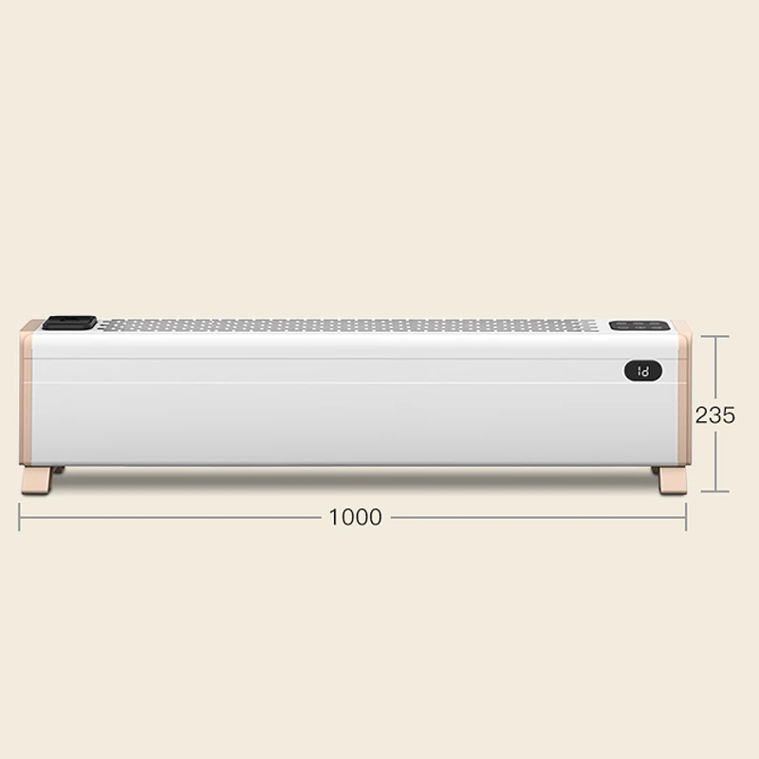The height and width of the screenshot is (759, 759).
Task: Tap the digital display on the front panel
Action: [643, 371]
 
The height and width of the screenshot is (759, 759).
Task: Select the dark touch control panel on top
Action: [639, 326]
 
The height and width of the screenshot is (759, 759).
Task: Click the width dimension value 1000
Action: [356, 517]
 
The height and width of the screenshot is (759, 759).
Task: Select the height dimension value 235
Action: [715, 415]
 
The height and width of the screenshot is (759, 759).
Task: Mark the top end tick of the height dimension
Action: [715, 333]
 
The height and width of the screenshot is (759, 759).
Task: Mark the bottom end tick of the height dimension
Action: [715, 491]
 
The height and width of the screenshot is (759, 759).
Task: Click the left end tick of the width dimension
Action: [20, 517]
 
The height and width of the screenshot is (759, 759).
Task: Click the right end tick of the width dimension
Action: [686, 517]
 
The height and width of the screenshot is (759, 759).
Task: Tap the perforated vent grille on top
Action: [351, 325]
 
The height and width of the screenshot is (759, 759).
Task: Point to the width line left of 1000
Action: [171, 517]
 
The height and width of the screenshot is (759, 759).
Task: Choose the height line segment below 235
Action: [715, 460]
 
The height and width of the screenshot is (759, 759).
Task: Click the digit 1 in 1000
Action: [334, 517]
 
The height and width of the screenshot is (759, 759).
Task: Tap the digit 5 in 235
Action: [729, 415]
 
